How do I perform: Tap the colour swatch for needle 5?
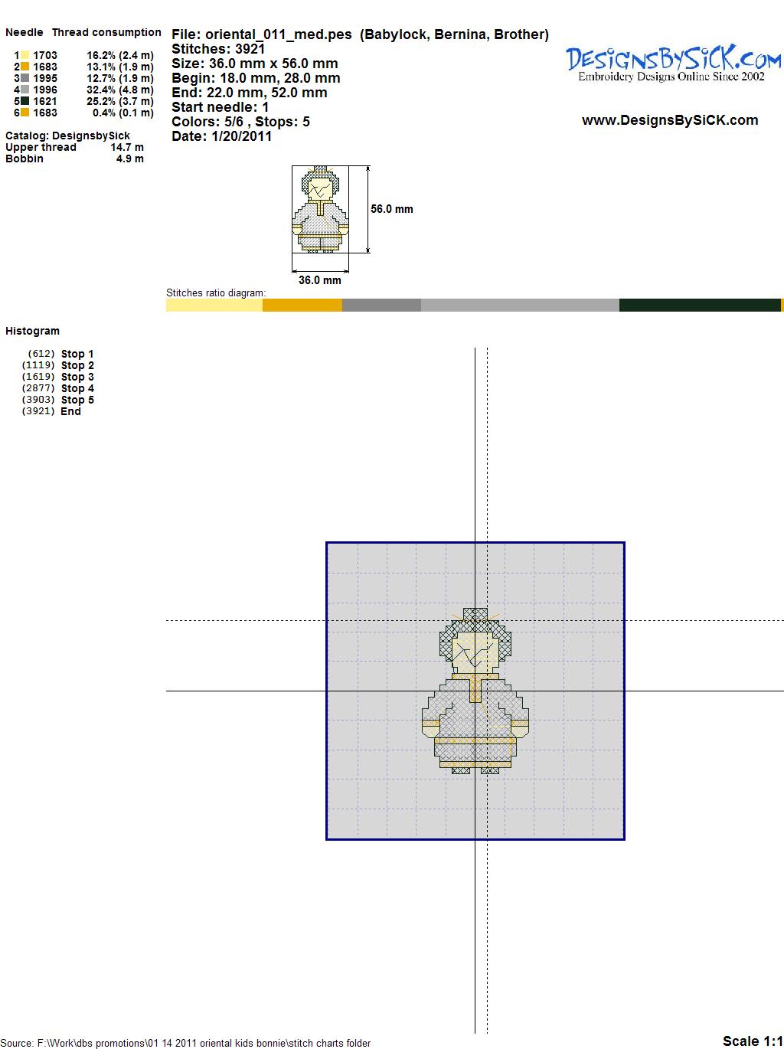point(24,101)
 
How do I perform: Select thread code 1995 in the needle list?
point(45,78)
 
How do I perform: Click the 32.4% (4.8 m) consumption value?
point(120,90)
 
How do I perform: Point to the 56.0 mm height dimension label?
point(392,209)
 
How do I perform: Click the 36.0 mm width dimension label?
point(319,280)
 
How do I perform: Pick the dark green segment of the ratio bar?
point(700,305)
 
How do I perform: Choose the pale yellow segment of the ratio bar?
point(214,305)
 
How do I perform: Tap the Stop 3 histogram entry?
point(77,377)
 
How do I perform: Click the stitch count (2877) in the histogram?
point(38,388)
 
